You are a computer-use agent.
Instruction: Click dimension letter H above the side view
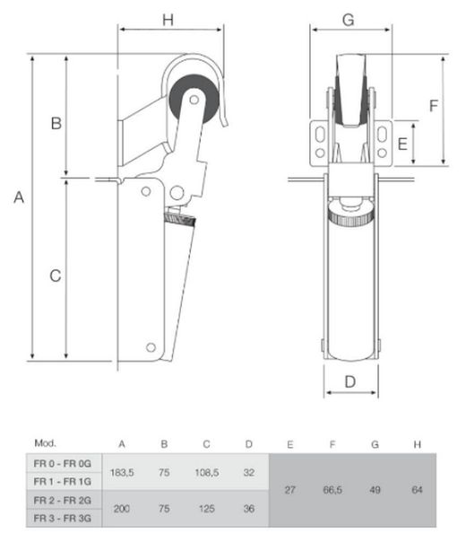[x=168, y=20]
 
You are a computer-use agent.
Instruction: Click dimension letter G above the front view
[x=349, y=20]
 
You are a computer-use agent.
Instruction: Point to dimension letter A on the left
[x=19, y=197]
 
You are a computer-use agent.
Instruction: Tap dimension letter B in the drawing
[x=56, y=123]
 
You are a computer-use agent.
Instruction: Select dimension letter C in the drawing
[x=56, y=275]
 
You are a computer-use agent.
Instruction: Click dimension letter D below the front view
[x=350, y=381]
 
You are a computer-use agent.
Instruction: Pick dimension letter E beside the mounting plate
[x=402, y=144]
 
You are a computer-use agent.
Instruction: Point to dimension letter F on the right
[x=434, y=106]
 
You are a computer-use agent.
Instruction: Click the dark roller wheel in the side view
[x=194, y=99]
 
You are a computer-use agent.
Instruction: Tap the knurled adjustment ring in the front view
[x=351, y=214]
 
